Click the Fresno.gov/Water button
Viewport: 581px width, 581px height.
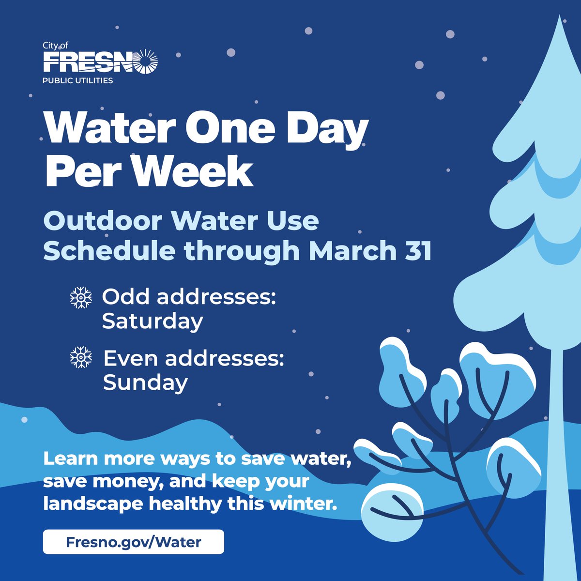[x=133, y=542]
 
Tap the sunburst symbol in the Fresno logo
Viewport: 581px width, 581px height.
[x=147, y=62]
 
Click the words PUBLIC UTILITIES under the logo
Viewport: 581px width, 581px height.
[x=78, y=80]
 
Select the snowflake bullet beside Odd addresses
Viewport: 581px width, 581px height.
[x=81, y=298]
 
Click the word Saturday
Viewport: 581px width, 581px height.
[x=152, y=321]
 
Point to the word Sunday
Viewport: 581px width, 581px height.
[x=145, y=382]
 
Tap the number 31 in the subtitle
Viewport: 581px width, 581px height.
[x=417, y=251]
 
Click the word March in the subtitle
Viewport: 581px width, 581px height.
[x=354, y=251]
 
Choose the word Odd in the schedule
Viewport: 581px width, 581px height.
[x=125, y=297]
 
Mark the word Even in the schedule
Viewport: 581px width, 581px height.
[x=131, y=359]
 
